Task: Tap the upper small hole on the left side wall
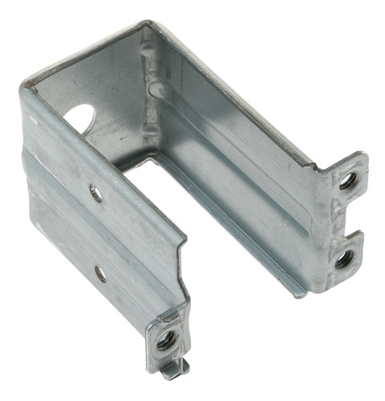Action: (x=96, y=192)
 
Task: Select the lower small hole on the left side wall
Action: (x=100, y=273)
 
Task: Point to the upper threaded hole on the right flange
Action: (x=346, y=181)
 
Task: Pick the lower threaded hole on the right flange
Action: (x=342, y=257)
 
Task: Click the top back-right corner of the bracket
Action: (x=147, y=26)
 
